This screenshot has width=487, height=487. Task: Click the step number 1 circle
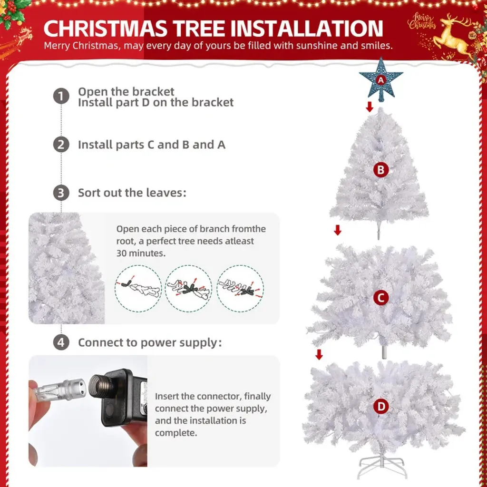[61, 96]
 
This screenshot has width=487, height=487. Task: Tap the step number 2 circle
[61, 145]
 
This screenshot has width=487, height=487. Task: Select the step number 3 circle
[61, 193]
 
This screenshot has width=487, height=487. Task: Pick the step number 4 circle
[61, 342]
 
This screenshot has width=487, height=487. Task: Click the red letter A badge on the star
[381, 80]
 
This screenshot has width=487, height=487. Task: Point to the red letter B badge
[381, 170]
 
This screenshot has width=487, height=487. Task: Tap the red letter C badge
[381, 298]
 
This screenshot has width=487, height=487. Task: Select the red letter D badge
[381, 406]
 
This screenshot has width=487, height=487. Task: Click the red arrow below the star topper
[369, 107]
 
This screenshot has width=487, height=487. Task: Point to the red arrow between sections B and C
[338, 230]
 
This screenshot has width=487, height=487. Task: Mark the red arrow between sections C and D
[319, 354]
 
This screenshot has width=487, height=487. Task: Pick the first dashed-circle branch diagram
[138, 289]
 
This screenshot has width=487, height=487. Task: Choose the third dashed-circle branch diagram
[240, 289]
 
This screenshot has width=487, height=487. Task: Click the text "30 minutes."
[141, 253]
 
